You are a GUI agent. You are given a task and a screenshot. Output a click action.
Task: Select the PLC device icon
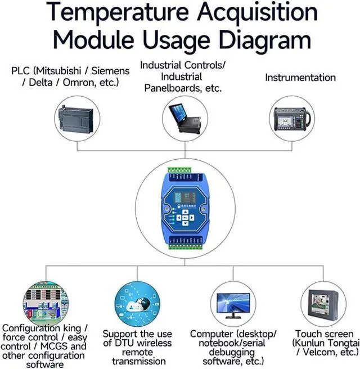78,119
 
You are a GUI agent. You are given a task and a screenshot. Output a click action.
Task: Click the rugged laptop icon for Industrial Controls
185,119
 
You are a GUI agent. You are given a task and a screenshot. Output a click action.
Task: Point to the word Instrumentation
300,78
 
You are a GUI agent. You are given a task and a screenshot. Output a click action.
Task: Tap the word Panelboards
173,88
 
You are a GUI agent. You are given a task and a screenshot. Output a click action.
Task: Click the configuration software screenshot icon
45,304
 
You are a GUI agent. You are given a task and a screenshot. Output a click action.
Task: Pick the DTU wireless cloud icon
137,304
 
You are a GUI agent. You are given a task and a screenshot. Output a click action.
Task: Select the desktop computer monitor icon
233,304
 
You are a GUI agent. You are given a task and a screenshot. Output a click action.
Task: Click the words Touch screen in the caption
324,334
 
